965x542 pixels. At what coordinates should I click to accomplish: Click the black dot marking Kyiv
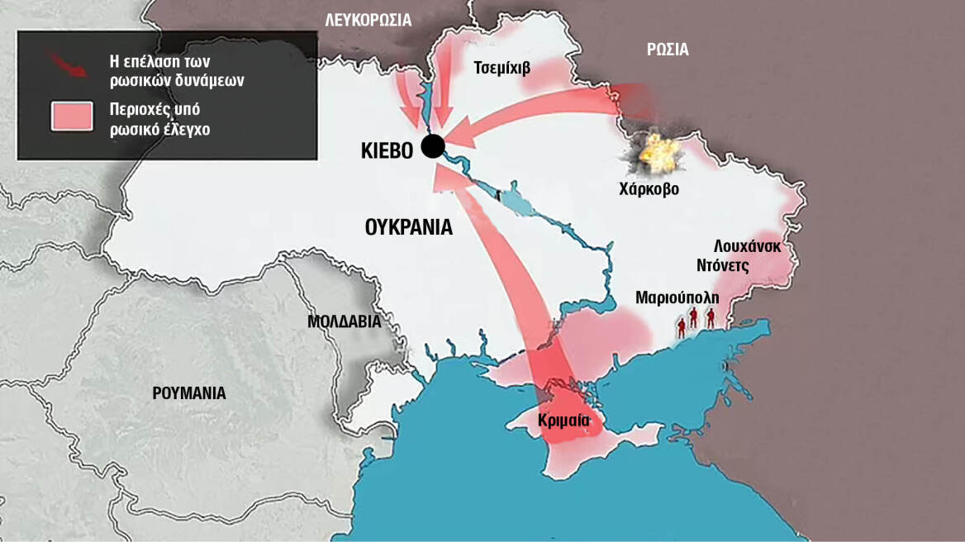[432, 146]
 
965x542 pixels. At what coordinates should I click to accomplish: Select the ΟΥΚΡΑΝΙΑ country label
[408, 226]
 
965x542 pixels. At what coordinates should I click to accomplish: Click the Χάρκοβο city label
[649, 188]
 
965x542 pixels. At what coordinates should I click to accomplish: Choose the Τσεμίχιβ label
[502, 68]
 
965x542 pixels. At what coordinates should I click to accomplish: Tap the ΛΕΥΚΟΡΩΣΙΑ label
[368, 19]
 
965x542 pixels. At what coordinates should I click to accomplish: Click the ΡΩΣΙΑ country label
[668, 50]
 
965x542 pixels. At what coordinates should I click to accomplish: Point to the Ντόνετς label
[720, 266]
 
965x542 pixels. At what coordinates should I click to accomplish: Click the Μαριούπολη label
[677, 297]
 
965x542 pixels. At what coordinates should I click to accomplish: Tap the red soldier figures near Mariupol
[695, 321]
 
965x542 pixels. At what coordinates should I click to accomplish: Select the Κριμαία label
[563, 420]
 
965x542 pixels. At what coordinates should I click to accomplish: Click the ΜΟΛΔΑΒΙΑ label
[344, 321]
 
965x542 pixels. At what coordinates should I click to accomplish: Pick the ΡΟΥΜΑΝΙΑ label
[189, 393]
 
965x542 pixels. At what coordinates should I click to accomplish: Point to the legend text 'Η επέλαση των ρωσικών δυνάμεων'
[166, 72]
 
